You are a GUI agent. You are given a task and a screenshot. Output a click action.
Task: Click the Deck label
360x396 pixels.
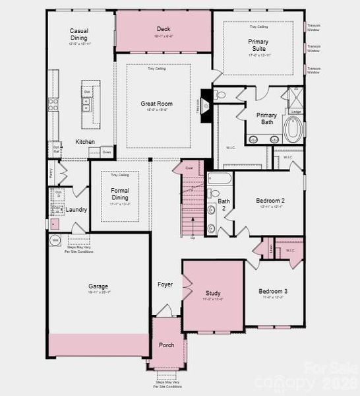click(163, 28)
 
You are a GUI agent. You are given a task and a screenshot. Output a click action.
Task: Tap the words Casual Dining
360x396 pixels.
click(79, 34)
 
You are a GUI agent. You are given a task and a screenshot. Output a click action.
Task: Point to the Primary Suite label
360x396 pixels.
click(258, 45)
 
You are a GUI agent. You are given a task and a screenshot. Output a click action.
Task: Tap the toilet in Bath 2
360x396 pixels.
click(211, 211)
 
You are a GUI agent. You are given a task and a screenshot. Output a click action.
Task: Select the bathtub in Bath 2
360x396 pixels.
click(218, 178)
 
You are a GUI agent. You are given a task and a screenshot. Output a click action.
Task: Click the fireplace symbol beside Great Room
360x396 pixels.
click(204, 104)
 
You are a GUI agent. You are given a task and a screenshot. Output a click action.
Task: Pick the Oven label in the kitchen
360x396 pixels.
click(107, 152)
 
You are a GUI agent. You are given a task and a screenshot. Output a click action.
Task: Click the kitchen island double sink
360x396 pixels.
click(86, 104)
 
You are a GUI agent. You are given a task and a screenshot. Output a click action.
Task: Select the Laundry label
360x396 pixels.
click(76, 210)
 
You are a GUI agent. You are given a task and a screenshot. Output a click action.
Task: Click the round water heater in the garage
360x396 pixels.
click(55, 240)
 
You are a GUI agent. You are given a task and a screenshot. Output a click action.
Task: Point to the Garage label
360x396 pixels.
click(98, 286)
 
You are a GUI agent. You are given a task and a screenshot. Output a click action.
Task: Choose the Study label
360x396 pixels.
click(213, 293)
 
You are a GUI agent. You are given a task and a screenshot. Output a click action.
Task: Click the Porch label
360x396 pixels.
click(167, 345)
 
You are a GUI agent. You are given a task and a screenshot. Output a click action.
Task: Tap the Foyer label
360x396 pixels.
click(165, 284)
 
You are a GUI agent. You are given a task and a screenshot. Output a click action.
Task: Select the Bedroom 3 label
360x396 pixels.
click(272, 291)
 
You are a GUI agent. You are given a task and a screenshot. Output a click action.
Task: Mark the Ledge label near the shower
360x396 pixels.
click(296, 112)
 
